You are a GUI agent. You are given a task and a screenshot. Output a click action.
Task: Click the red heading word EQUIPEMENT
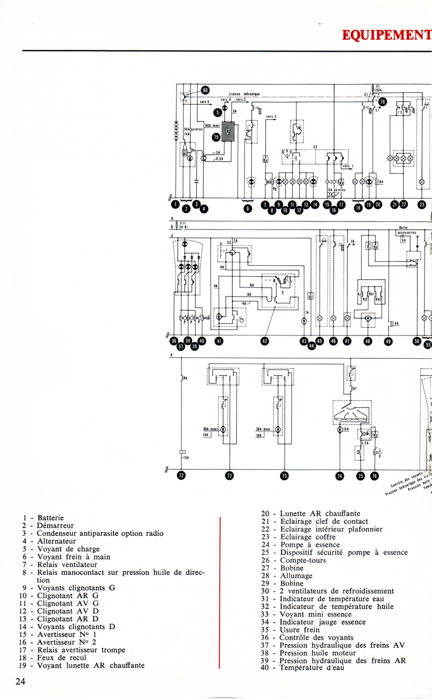coord(387,36)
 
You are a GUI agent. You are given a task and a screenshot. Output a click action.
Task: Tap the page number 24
coord(21,682)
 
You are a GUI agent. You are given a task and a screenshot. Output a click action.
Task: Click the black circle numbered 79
coord(217,138)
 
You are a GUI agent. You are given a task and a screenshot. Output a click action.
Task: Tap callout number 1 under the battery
coord(174,204)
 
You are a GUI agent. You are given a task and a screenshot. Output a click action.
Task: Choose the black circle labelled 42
coord(265,341)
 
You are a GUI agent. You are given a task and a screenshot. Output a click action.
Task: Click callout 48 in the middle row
coord(368,341)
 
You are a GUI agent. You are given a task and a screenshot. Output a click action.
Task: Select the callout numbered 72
coord(181,475)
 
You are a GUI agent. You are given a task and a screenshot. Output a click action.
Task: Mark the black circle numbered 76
coord(375,475)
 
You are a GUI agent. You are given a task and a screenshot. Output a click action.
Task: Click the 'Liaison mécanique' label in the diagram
coord(245,94)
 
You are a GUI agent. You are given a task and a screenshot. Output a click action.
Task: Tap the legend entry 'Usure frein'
coord(300,630)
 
